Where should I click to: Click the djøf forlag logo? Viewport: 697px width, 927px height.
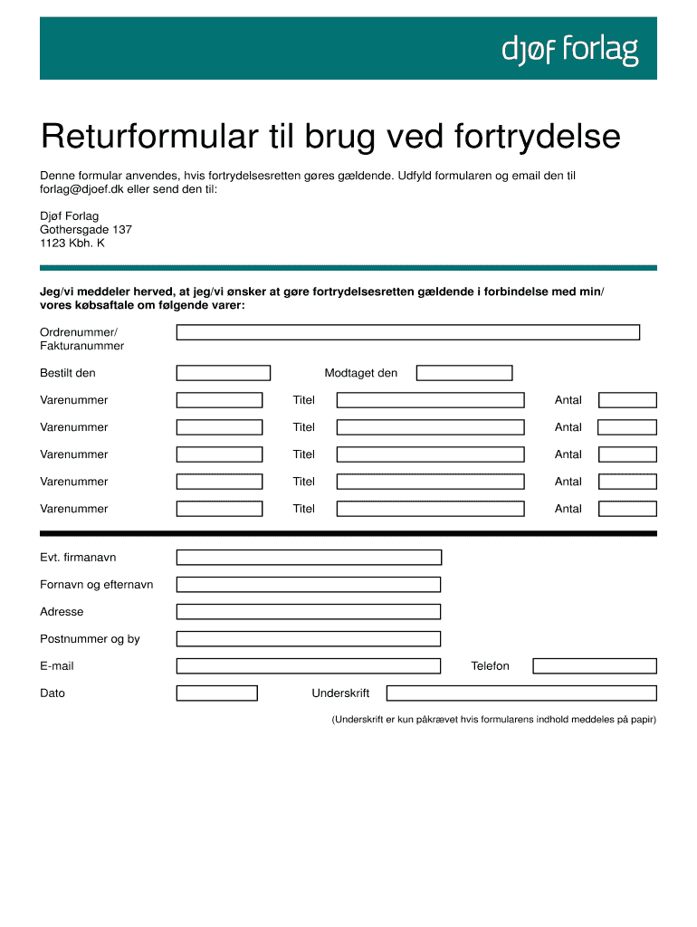coord(570,51)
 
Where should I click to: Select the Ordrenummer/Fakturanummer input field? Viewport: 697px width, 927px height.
coord(407,332)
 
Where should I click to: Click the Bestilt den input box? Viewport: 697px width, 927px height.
coord(224,373)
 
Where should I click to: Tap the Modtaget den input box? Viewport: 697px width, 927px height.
coord(464,373)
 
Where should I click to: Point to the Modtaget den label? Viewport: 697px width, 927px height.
coord(360,373)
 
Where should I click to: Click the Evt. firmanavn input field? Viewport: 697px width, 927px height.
coord(309,558)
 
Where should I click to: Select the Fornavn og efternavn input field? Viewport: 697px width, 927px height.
coord(309,585)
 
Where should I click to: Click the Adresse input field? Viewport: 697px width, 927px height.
coord(309,612)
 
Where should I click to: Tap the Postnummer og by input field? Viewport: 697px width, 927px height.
coord(309,639)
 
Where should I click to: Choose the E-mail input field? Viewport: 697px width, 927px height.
coord(309,666)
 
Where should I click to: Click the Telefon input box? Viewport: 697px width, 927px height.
coord(594,666)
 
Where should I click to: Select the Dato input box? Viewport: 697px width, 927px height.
coord(217,693)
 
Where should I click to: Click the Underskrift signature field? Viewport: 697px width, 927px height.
coord(520,693)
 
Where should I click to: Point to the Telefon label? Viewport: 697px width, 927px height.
coord(490,666)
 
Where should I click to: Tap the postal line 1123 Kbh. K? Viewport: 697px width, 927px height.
coord(72,244)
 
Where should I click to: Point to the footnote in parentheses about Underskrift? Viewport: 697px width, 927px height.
coord(493,720)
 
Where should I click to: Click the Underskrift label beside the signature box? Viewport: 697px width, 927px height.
coord(340,693)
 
